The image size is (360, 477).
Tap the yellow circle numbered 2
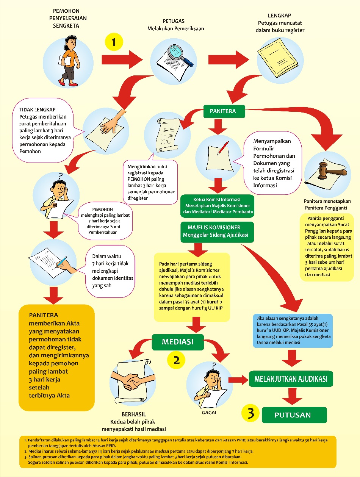[176, 359]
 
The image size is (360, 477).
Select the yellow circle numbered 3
[250, 414]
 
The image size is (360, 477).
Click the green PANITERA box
[223, 111]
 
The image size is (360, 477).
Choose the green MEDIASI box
[178, 342]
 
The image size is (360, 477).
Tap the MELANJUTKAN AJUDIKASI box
[291, 378]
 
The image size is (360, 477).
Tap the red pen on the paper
[222, 147]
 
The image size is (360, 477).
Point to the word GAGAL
[210, 412]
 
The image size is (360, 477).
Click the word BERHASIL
[134, 414]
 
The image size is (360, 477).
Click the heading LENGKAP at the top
[280, 16]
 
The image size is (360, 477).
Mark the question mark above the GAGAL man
[214, 366]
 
